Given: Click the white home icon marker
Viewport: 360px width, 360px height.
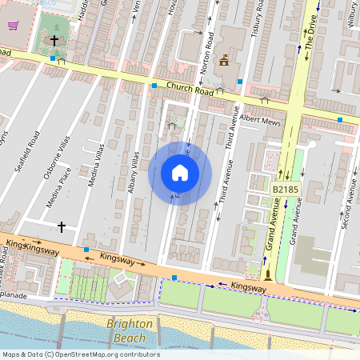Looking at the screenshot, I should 180,172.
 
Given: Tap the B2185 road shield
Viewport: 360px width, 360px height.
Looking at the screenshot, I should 284,189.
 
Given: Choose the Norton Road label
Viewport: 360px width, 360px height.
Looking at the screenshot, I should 208,52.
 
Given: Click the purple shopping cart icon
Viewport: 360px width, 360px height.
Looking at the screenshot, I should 13,25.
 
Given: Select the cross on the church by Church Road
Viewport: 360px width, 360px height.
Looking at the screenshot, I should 54,39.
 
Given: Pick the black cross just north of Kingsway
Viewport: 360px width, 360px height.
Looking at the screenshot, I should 61,227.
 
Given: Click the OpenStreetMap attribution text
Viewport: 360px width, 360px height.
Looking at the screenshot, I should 80,354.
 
